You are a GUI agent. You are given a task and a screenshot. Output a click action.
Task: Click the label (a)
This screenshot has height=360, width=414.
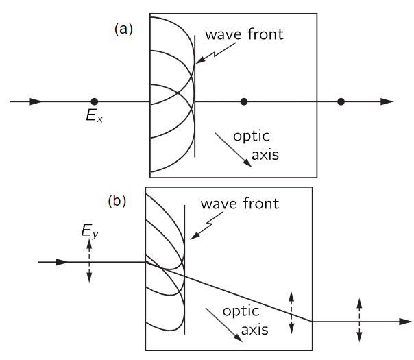pyautogui.click(x=123, y=29)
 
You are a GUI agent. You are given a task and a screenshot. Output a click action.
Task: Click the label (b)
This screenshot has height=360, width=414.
pyautogui.click(x=119, y=202)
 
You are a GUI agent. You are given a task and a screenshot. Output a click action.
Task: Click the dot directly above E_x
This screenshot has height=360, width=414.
pyautogui.click(x=94, y=101)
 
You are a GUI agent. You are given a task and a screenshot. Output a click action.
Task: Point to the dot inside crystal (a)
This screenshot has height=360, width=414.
pyautogui.click(x=243, y=101)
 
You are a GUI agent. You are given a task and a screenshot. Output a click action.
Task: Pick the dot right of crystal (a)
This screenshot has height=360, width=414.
pyautogui.click(x=341, y=101)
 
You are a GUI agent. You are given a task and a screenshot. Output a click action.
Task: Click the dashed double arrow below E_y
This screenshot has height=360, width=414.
pyautogui.click(x=89, y=263)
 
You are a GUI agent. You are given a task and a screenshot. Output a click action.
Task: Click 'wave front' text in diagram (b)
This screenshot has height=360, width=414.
pyautogui.click(x=239, y=204)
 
